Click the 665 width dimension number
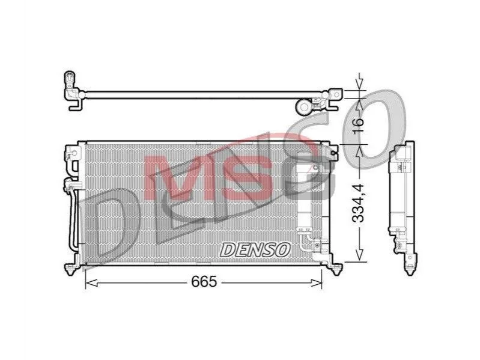pos(204,282)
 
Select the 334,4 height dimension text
pos(358,203)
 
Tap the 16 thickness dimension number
pos(358,122)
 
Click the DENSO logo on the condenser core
pos(255,250)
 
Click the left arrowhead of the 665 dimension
pos(91,283)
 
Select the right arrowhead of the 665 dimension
pos(316,283)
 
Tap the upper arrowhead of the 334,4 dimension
pos(359,151)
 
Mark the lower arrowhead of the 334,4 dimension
pos(359,255)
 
